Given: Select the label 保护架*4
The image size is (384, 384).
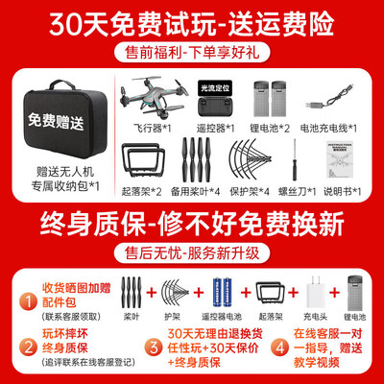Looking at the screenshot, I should click(259, 190).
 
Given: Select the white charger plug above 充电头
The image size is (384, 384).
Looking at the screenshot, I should click(314, 291).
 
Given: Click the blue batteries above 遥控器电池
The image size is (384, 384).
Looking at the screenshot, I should click(221, 291).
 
